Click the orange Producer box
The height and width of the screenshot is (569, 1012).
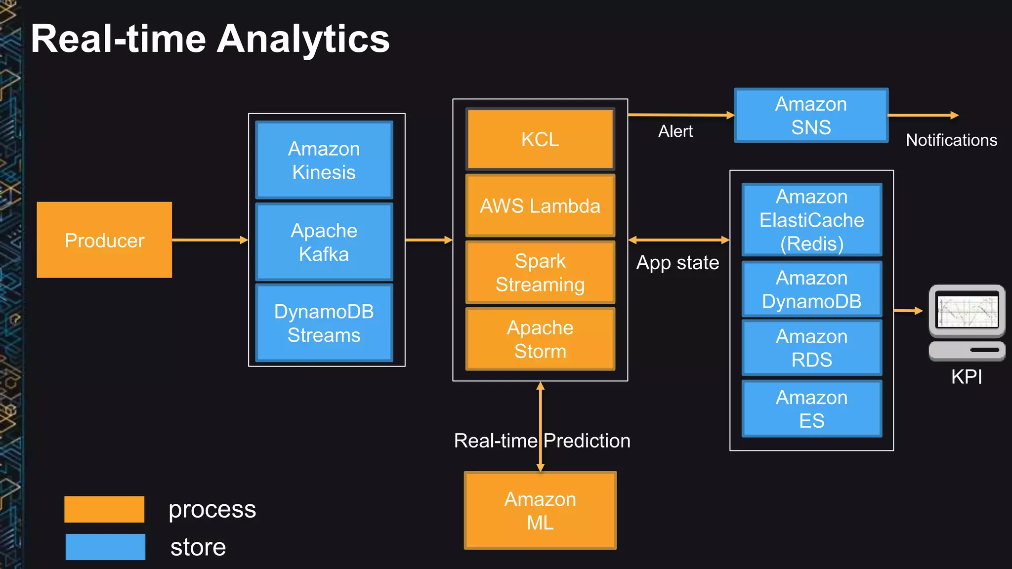point(104,240)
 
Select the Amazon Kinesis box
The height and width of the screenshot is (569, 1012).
point(324,160)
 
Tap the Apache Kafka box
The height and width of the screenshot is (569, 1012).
point(324,242)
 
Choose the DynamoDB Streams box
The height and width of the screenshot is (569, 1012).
point(324,323)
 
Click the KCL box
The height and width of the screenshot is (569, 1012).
point(540,139)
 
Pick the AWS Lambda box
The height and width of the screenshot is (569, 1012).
point(540,206)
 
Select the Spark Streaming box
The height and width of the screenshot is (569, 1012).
point(540,272)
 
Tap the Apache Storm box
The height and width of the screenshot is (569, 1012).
point(540,339)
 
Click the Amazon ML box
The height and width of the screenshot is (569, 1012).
point(540,511)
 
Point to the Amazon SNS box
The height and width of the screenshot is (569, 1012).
point(811,116)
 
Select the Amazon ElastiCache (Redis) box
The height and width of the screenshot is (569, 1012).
point(811,220)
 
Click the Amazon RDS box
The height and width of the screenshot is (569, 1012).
point(811,348)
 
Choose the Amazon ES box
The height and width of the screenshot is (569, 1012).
point(811,408)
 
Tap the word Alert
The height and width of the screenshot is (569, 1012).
point(675,131)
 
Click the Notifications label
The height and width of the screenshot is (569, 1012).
point(951,140)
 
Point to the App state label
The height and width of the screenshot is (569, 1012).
point(677,263)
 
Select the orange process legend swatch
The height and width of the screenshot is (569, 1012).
point(104,509)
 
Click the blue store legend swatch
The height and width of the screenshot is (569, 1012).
point(105,547)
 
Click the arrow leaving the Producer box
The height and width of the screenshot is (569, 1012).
point(210,240)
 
